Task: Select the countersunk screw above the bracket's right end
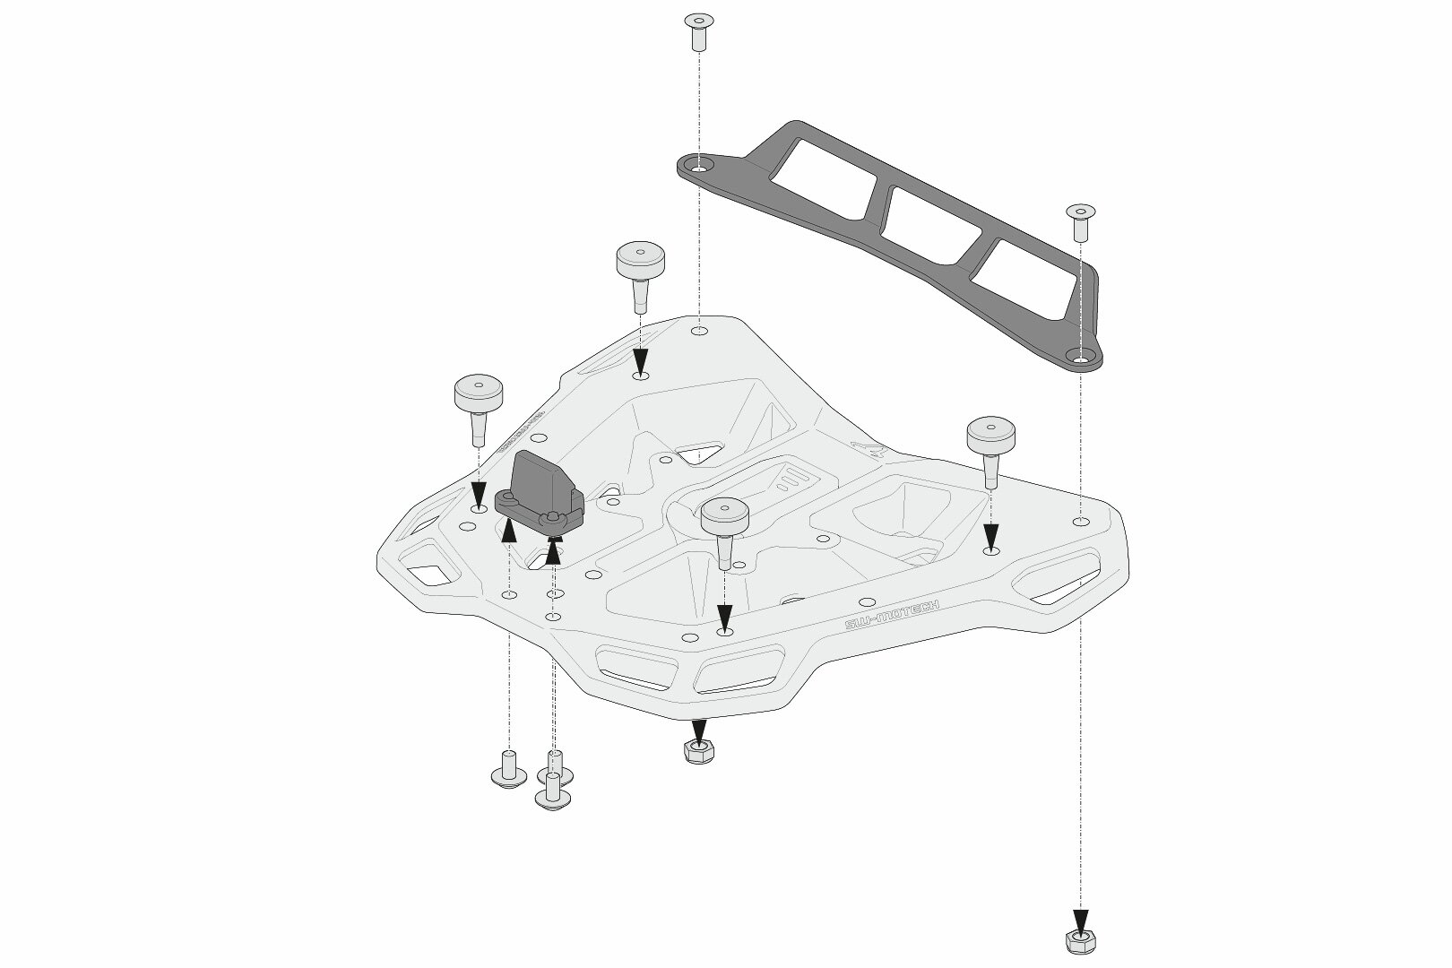[1079, 220]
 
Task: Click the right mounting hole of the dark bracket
[1081, 359]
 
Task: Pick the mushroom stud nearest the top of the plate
[640, 270]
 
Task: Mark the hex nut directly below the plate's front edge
[698, 751]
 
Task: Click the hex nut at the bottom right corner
[1080, 940]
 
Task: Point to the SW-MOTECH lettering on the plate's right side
[892, 615]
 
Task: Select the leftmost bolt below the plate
[508, 770]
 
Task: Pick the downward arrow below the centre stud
[724, 617]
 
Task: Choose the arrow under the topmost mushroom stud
[640, 360]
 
